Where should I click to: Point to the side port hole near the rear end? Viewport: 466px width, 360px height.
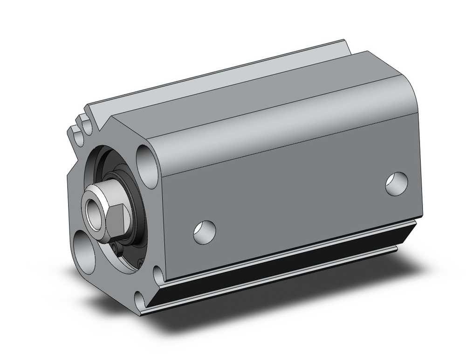click(x=397, y=183)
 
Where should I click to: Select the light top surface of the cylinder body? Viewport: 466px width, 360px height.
click(x=233, y=93)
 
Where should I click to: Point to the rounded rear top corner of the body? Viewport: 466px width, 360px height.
click(x=410, y=93)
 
